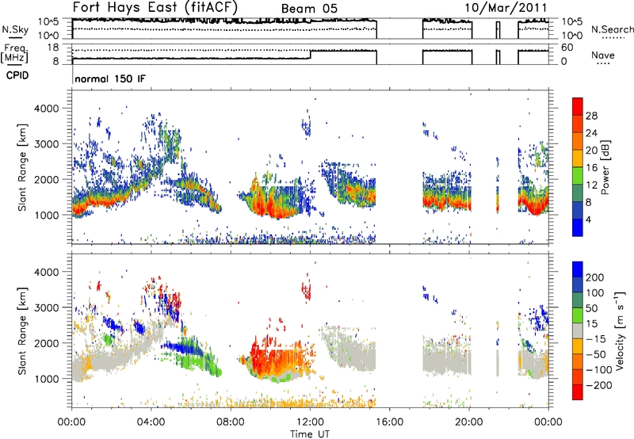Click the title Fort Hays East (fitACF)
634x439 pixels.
pyautogui.click(x=155, y=7)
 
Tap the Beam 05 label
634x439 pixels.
pyautogui.click(x=309, y=9)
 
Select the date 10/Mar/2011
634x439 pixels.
pyautogui.click(x=506, y=8)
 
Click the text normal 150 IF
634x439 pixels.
pyautogui.click(x=110, y=78)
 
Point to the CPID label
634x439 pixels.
pyautogui.click(x=17, y=75)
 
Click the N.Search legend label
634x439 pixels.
pyautogui.click(x=612, y=29)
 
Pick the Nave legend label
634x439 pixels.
pyautogui.click(x=603, y=55)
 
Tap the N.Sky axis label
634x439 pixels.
pyautogui.click(x=15, y=29)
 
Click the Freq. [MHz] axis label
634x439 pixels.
pyautogui.click(x=15, y=53)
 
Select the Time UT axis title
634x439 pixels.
pyautogui.click(x=310, y=434)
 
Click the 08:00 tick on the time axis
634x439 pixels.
pyautogui.click(x=231, y=422)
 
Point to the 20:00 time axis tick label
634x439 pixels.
pyautogui.click(x=469, y=422)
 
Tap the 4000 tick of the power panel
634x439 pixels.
pyautogui.click(x=47, y=109)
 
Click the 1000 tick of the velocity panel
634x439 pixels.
pyautogui.click(x=47, y=379)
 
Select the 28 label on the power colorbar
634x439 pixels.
pyautogui.click(x=591, y=116)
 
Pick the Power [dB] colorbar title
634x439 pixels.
pyautogui.click(x=605, y=167)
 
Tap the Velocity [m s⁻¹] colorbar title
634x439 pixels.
pyautogui.click(x=619, y=330)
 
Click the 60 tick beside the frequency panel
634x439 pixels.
pyautogui.click(x=567, y=48)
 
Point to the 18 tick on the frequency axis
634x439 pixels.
pyautogui.click(x=52, y=48)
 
